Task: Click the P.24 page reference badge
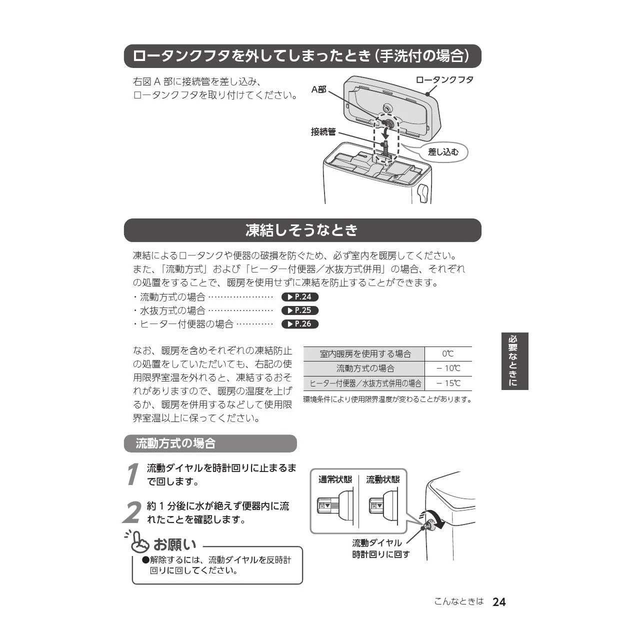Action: [300, 297]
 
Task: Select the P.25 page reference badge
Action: [300, 310]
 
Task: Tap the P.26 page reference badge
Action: [300, 324]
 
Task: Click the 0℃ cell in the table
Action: [448, 354]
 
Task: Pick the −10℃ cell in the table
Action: [448, 368]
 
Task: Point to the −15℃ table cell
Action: [448, 383]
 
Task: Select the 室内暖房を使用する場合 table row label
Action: [365, 354]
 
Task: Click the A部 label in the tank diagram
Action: [319, 89]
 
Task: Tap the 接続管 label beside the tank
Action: [323, 132]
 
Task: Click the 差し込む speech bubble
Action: [443, 152]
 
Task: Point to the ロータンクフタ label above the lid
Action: [444, 80]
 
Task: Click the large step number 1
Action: [132, 474]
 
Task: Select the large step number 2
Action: [132, 513]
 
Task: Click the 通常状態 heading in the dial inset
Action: [335, 479]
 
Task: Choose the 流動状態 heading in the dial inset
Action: [383, 479]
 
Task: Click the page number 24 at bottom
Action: [499, 602]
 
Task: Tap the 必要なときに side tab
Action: [515, 361]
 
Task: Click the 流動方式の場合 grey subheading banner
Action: [210, 443]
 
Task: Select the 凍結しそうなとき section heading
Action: [302, 230]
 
